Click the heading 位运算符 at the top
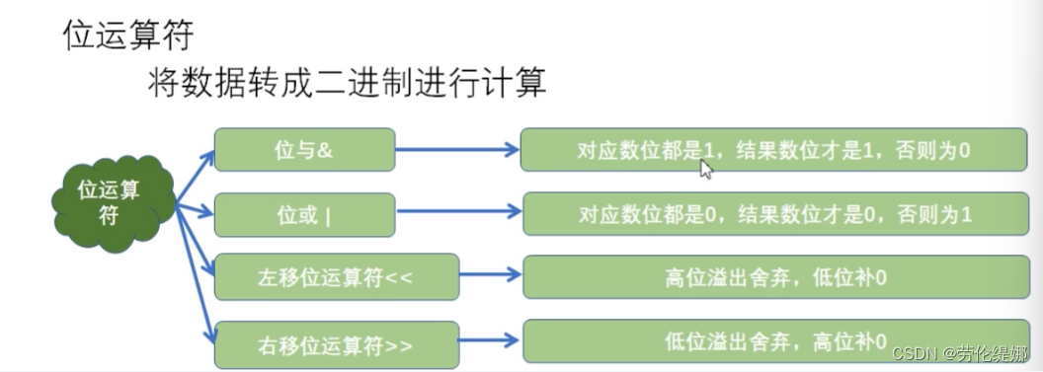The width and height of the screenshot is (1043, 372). tap(127, 35)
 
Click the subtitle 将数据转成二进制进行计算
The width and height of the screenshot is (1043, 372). tap(346, 82)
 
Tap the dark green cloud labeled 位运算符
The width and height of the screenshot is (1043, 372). tap(111, 201)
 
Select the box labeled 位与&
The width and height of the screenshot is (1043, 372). tap(304, 150)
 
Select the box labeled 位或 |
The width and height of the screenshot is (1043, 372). tap(304, 214)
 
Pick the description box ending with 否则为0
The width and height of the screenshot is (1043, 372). tap(774, 150)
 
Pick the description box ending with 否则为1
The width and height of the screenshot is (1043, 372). tap(774, 214)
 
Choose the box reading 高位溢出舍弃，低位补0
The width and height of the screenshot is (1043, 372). tap(774, 277)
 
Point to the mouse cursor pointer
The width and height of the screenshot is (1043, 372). tap(705, 169)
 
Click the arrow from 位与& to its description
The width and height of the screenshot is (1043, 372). tap(457, 150)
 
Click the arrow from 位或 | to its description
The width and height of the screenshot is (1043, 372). tap(457, 214)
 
